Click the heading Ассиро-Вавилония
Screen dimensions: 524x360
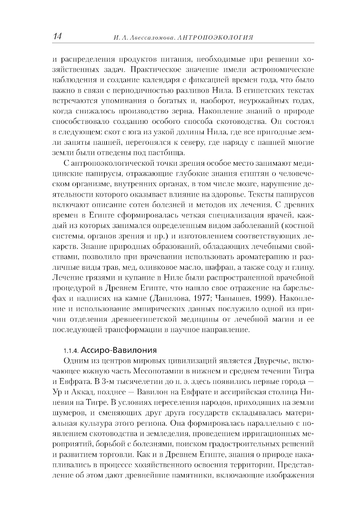(x=118, y=350)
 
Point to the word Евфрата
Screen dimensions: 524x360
(x=73, y=381)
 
